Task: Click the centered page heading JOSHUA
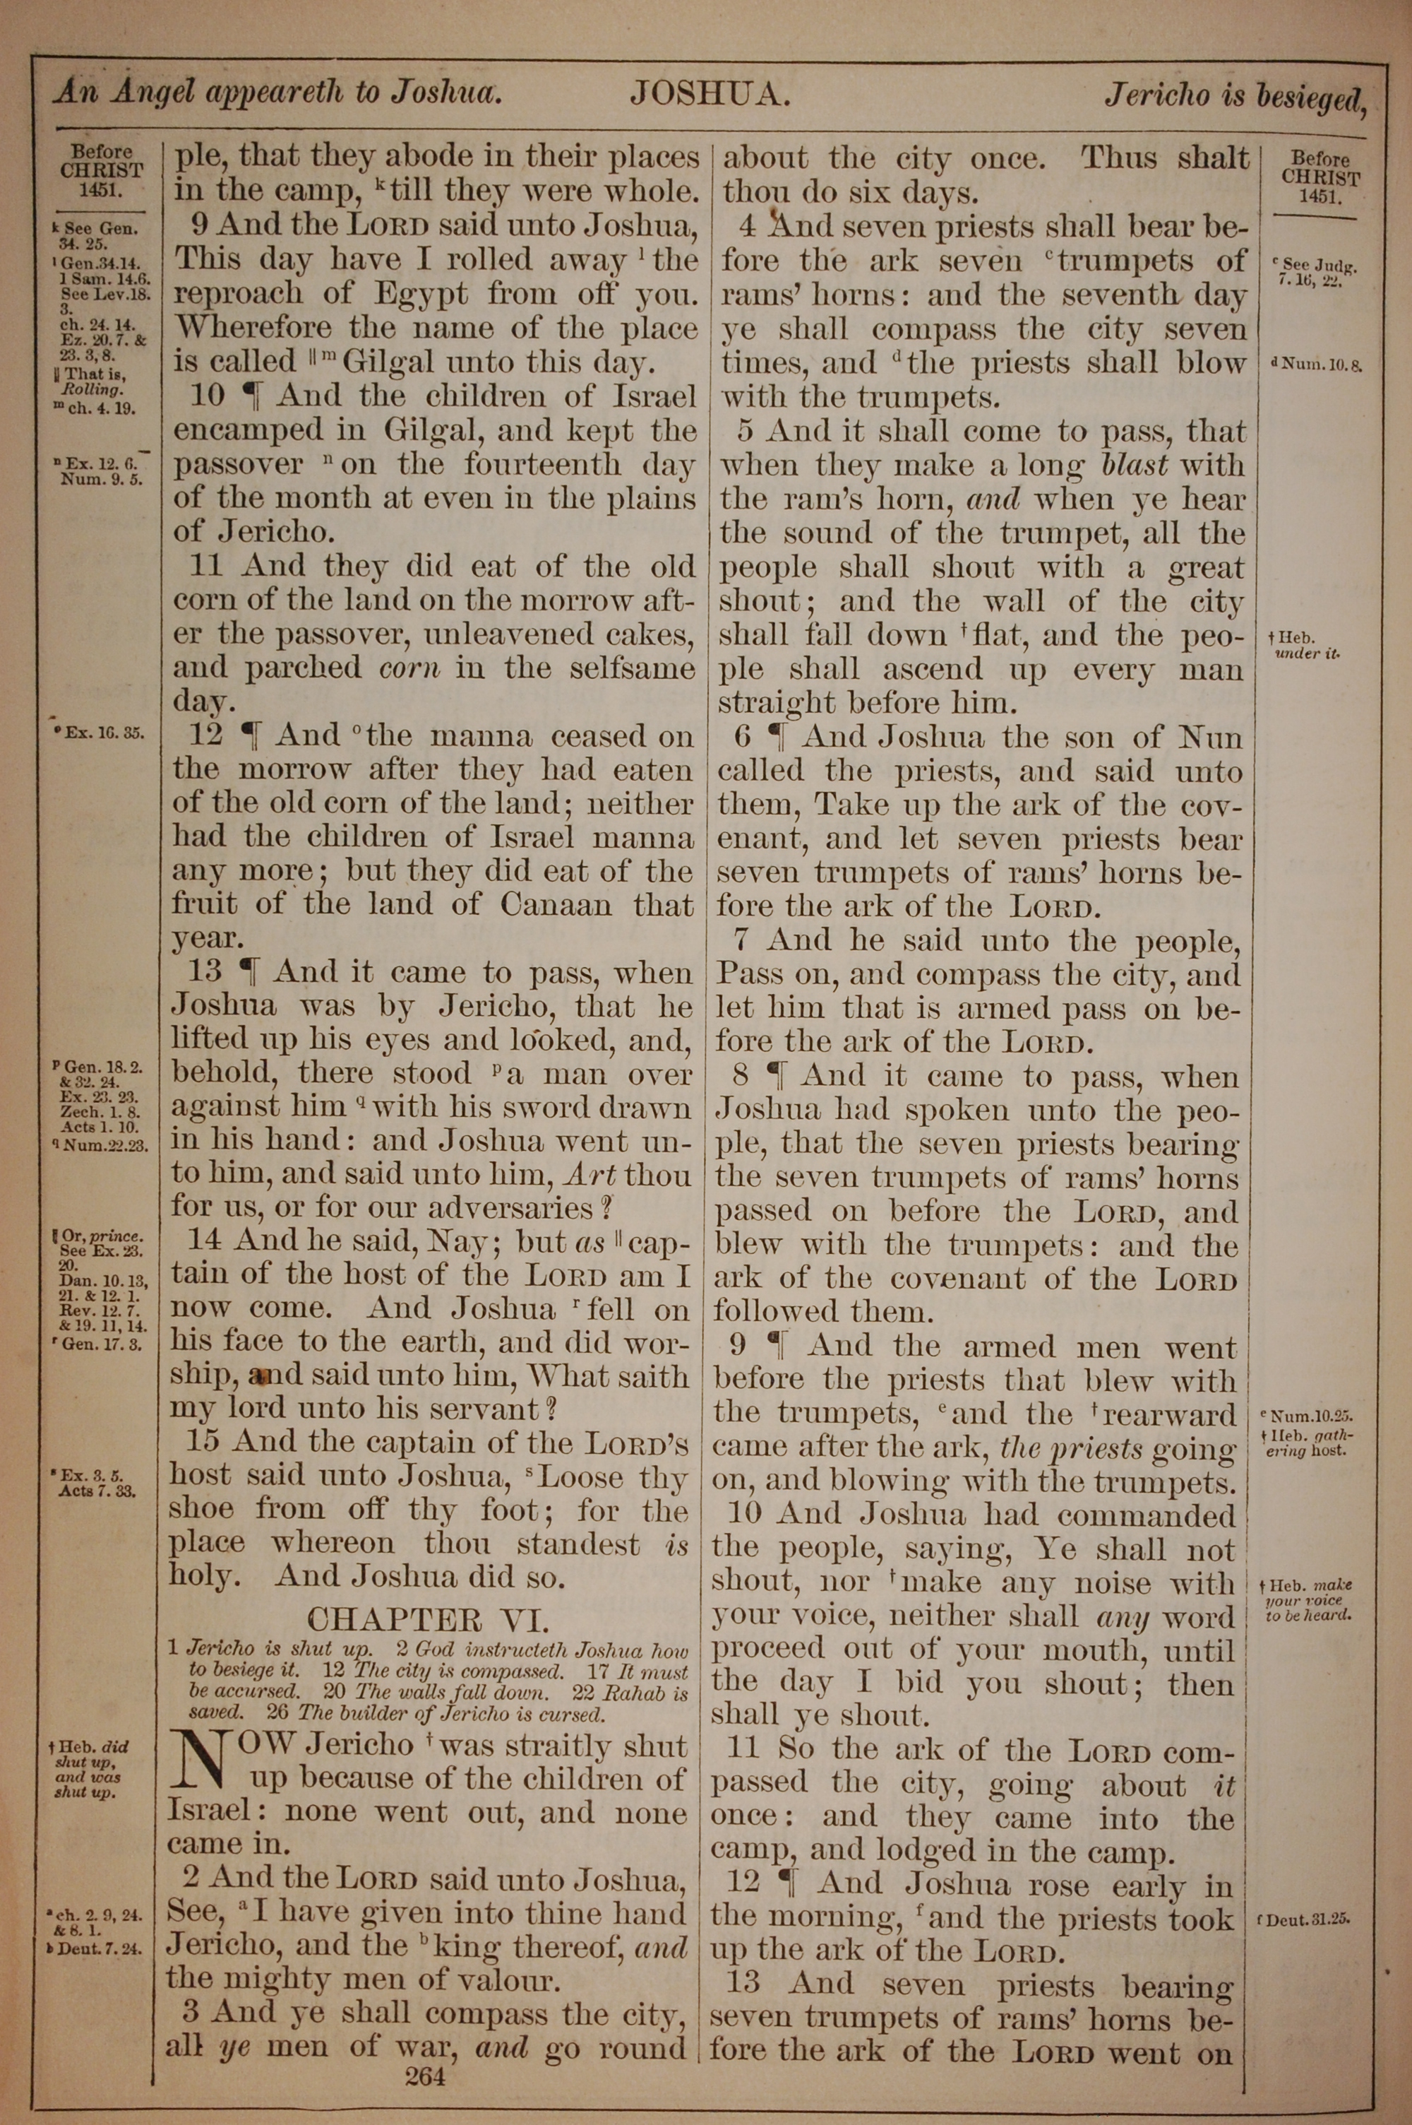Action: point(710,94)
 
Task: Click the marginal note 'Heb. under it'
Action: point(1305,646)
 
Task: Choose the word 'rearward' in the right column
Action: point(1168,1414)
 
